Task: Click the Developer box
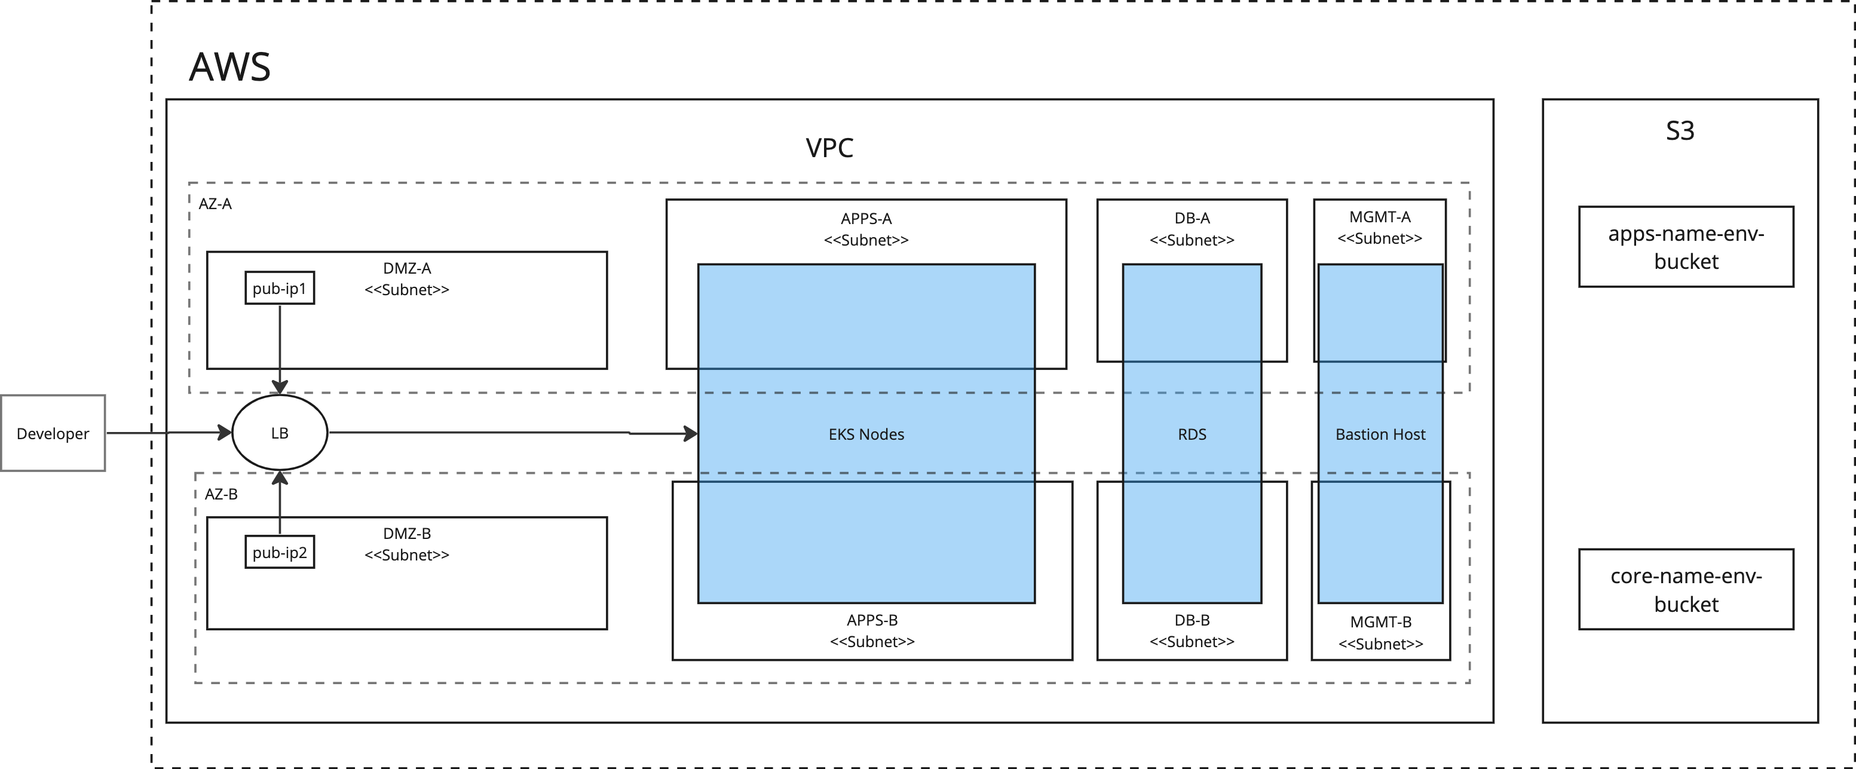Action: click(x=53, y=433)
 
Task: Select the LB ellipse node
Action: click(x=280, y=433)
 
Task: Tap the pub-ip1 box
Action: click(x=280, y=288)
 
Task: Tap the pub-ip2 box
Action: click(x=280, y=552)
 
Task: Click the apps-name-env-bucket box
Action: click(x=1686, y=247)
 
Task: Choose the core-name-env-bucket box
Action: click(x=1686, y=590)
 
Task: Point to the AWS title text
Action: click(x=230, y=67)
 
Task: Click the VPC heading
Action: click(x=829, y=148)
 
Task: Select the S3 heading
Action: click(x=1680, y=130)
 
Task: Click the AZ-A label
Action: click(x=215, y=204)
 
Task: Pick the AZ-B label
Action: click(x=221, y=494)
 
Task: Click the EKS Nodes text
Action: click(x=866, y=434)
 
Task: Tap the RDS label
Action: click(x=1192, y=434)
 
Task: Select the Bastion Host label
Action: click(x=1380, y=434)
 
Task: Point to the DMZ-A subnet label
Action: click(x=407, y=279)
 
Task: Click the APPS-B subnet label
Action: click(x=872, y=630)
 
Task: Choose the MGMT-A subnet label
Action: click(x=1380, y=228)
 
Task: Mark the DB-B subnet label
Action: click(x=1192, y=630)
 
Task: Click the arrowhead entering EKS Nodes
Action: click(x=691, y=434)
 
